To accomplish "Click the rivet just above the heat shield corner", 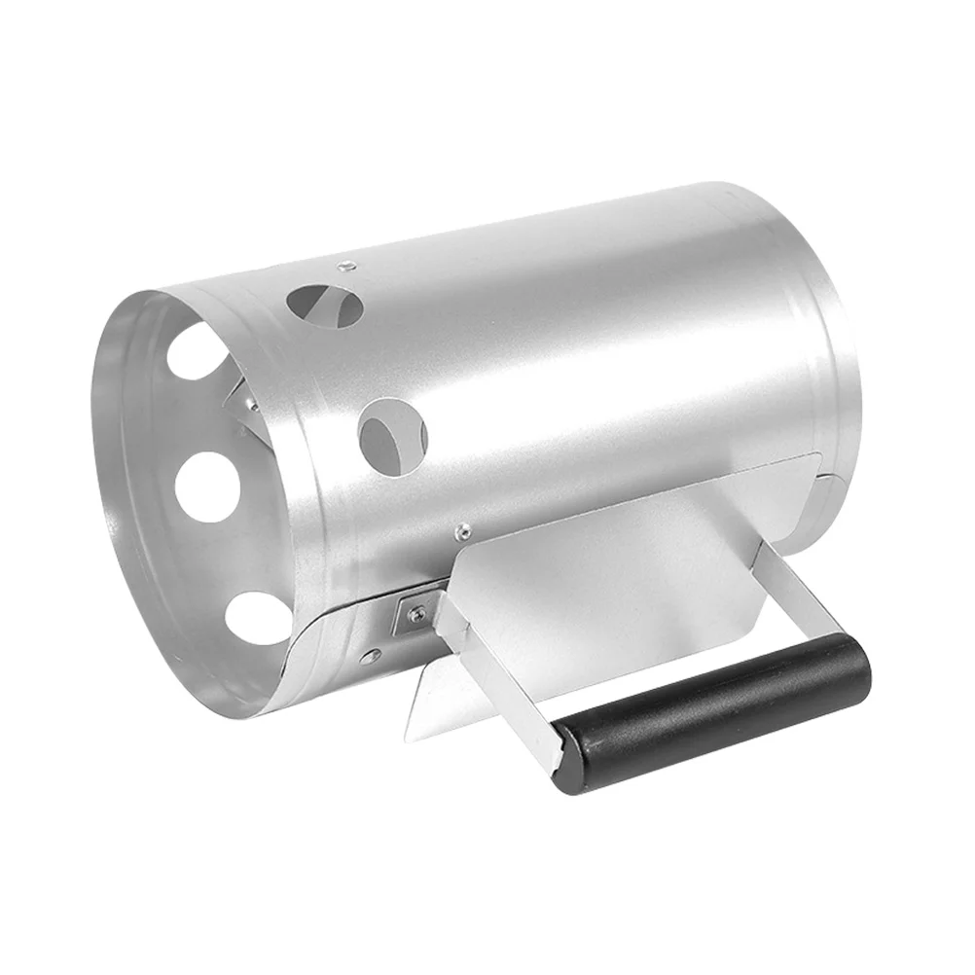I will pos(463,530).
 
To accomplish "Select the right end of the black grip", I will pos(856,662).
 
